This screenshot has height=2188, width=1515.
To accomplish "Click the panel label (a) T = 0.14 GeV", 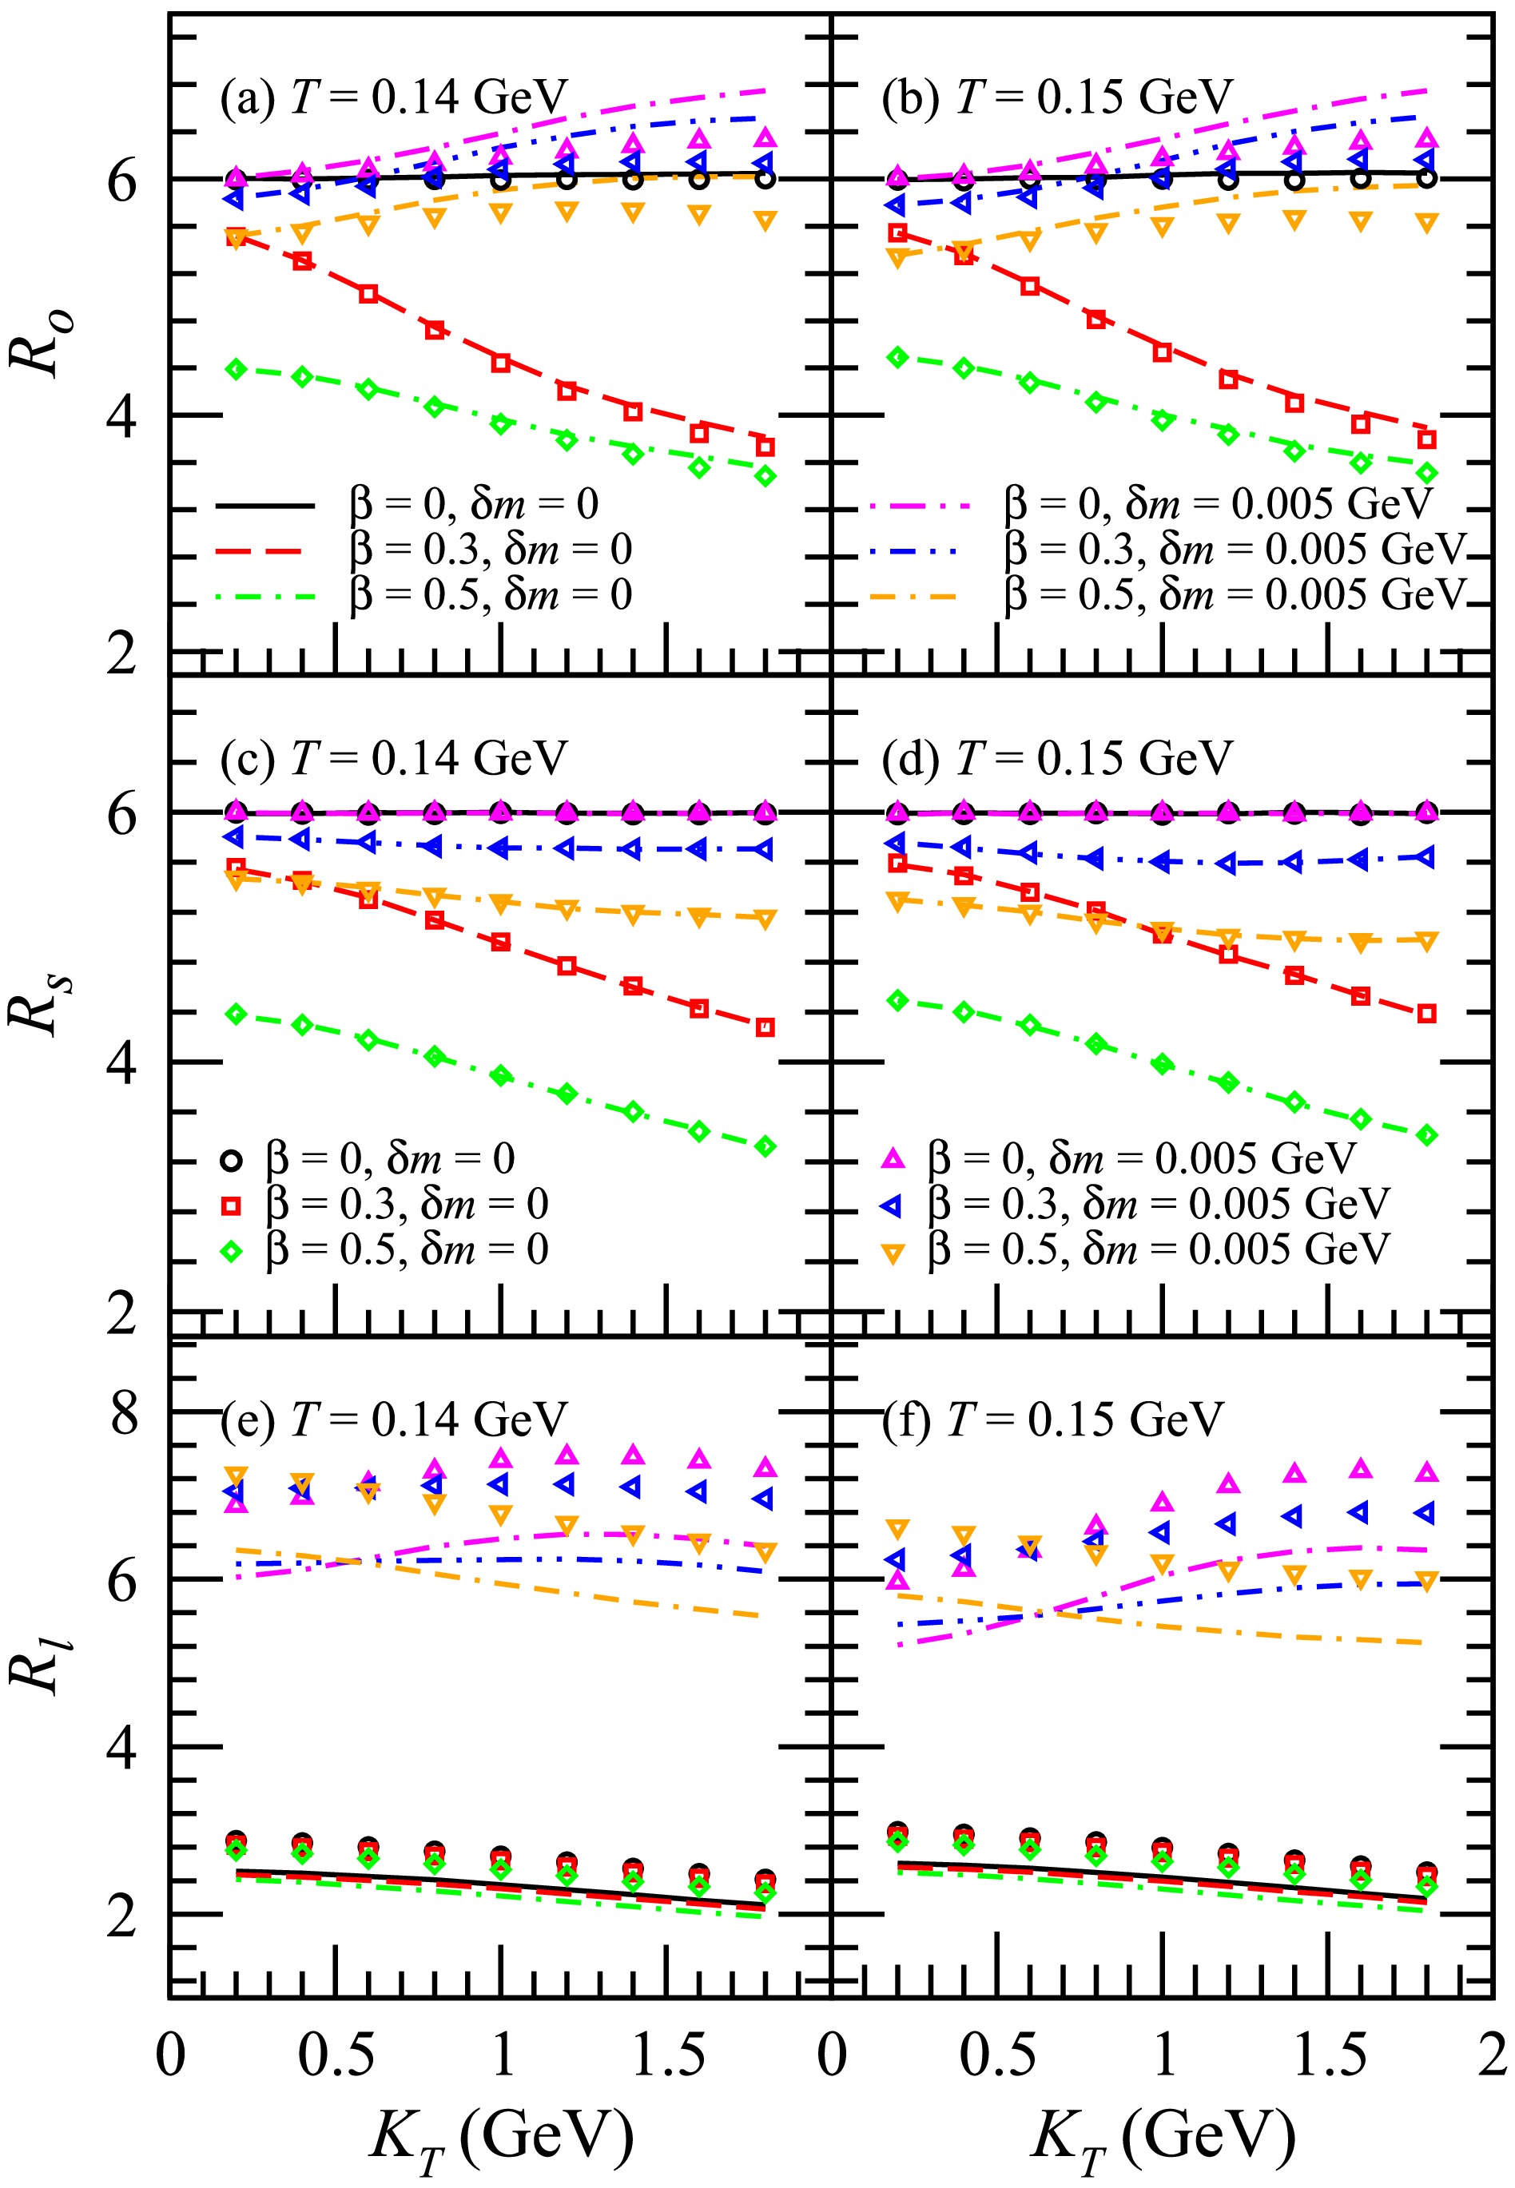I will click(393, 97).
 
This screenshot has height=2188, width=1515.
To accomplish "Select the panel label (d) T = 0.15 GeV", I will click(1056, 758).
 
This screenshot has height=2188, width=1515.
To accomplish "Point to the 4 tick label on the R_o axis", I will click(122, 415).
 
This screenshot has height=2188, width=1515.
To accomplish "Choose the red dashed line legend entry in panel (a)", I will click(258, 550).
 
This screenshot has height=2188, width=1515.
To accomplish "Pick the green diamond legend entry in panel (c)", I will click(231, 1252).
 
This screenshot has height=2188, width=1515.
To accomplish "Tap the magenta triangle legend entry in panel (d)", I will click(893, 1158).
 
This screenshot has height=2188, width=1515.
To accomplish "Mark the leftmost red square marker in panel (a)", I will click(236, 237).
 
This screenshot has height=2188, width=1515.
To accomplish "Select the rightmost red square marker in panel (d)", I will click(1426, 1014).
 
